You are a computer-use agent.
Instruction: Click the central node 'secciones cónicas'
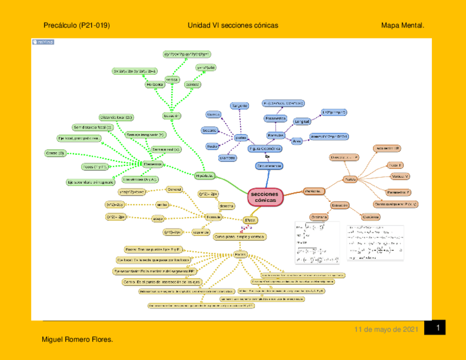[x=265, y=197]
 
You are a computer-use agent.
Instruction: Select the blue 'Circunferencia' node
[x=269, y=165]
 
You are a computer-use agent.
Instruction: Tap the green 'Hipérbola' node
[x=204, y=175]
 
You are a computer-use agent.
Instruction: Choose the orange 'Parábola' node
[x=313, y=191]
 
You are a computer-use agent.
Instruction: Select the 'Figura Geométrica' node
[x=265, y=148]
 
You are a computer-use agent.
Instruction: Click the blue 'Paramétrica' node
[x=275, y=118]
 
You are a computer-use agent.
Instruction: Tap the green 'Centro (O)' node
[x=55, y=153]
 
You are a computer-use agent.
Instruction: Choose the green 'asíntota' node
[x=192, y=85]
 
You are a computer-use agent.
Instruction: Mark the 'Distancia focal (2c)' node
[x=116, y=118]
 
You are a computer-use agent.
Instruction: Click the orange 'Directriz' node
[x=344, y=158]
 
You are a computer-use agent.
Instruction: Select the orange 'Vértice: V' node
[x=400, y=176]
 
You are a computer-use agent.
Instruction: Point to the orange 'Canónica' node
[x=369, y=217]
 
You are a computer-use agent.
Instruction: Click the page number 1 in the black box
[x=438, y=328]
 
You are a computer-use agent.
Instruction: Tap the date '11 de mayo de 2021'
[x=386, y=330]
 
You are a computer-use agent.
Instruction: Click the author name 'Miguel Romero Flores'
[x=77, y=340]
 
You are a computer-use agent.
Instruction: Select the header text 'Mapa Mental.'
[x=402, y=25]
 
